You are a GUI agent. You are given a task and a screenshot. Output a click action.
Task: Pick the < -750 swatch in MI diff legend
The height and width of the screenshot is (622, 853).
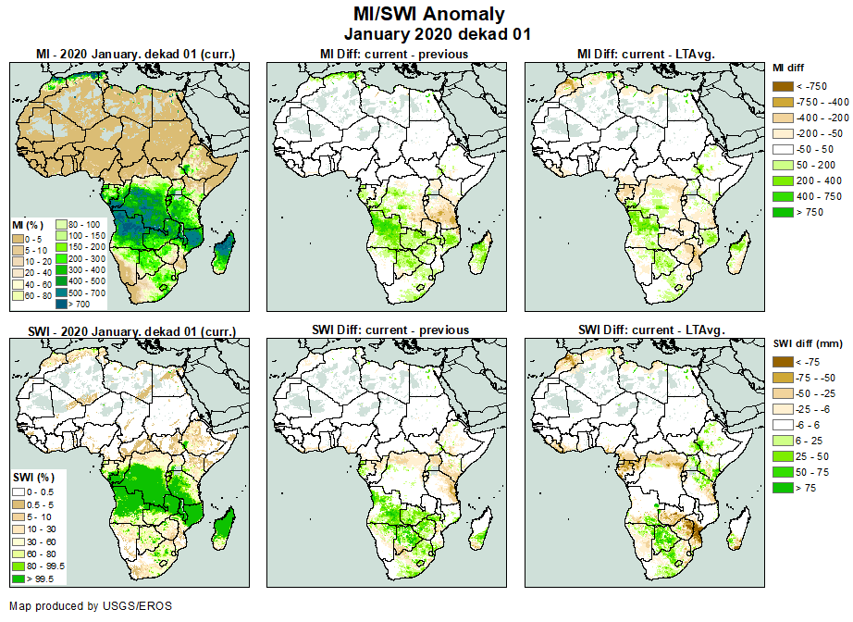pyautogui.click(x=783, y=86)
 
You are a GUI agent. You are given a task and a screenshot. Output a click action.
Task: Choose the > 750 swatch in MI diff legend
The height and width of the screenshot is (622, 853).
pyautogui.click(x=783, y=212)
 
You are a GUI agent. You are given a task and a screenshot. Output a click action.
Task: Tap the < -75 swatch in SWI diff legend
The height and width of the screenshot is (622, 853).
pyautogui.click(x=783, y=362)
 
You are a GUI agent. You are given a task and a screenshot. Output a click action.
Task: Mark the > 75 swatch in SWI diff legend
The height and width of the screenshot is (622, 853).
pyautogui.click(x=783, y=487)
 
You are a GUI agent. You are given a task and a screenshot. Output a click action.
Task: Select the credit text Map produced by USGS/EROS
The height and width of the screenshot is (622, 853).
pyautogui.click(x=91, y=606)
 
